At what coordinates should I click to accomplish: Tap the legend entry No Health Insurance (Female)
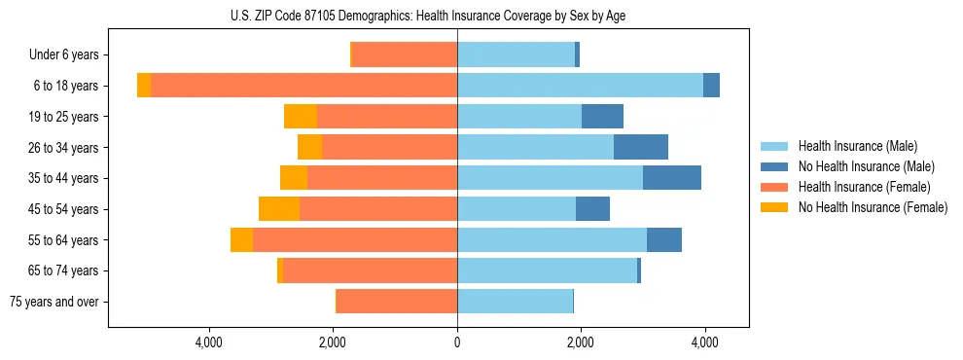873,207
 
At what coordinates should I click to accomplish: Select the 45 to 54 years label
63,209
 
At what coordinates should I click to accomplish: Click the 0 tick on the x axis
457,342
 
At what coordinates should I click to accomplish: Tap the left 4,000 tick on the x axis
209,342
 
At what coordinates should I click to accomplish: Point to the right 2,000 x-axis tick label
581,342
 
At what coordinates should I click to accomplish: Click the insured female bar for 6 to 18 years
303,86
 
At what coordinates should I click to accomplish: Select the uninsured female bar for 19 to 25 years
301,117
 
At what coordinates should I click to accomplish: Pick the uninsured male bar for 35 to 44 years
672,178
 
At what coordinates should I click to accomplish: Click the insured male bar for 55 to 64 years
552,240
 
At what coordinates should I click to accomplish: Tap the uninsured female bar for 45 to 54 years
279,209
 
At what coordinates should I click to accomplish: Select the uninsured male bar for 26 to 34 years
641,147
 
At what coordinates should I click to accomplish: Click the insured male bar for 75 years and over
515,302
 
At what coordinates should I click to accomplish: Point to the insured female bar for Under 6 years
405,55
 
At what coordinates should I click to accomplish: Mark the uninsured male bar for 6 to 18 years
711,86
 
